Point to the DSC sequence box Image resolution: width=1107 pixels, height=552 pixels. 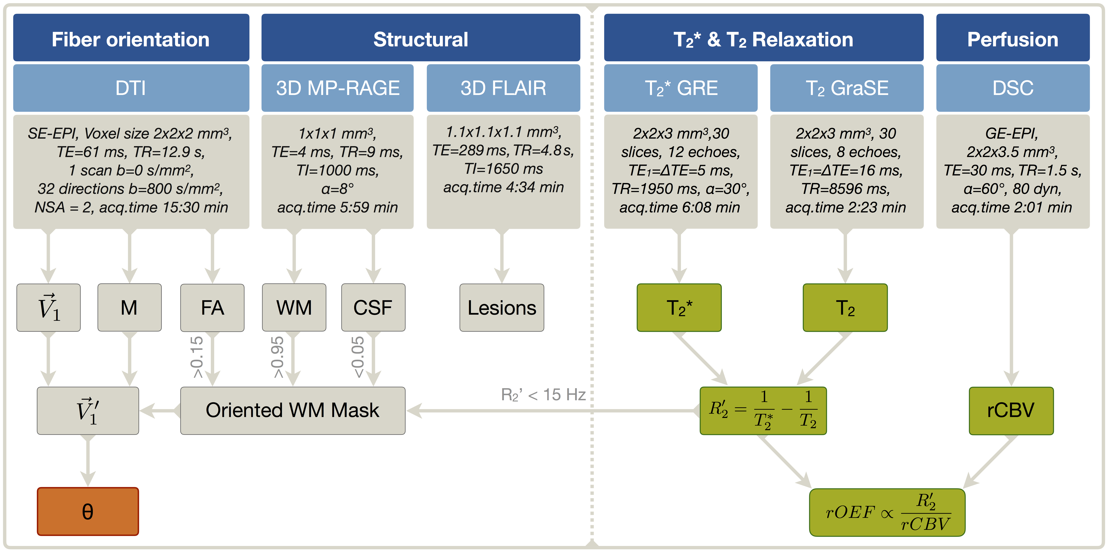[x=1013, y=88]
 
